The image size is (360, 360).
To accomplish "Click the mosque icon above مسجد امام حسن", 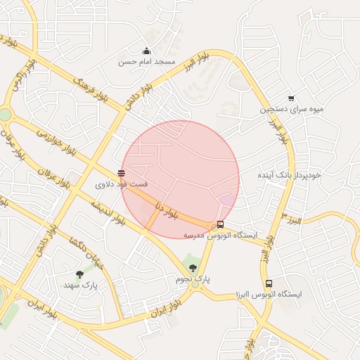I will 146,51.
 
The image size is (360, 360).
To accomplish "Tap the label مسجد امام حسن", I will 146,62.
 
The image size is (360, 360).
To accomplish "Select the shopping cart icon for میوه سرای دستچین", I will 291,98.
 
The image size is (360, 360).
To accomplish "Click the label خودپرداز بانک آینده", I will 288,174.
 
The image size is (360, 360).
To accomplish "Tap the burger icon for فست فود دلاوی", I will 122,172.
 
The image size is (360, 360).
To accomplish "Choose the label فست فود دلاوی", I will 122,184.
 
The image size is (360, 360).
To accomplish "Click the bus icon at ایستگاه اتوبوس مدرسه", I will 221,225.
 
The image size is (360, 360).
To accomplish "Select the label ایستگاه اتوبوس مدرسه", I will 221,236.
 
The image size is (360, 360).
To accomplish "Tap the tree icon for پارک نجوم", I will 193,268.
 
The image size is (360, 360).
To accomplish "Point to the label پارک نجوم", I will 193,280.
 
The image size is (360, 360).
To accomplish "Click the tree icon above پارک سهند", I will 79,274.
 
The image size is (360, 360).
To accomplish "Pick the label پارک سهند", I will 79,285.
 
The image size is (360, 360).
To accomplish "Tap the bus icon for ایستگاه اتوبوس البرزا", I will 269,283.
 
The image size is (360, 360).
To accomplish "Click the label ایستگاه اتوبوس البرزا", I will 269,295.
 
